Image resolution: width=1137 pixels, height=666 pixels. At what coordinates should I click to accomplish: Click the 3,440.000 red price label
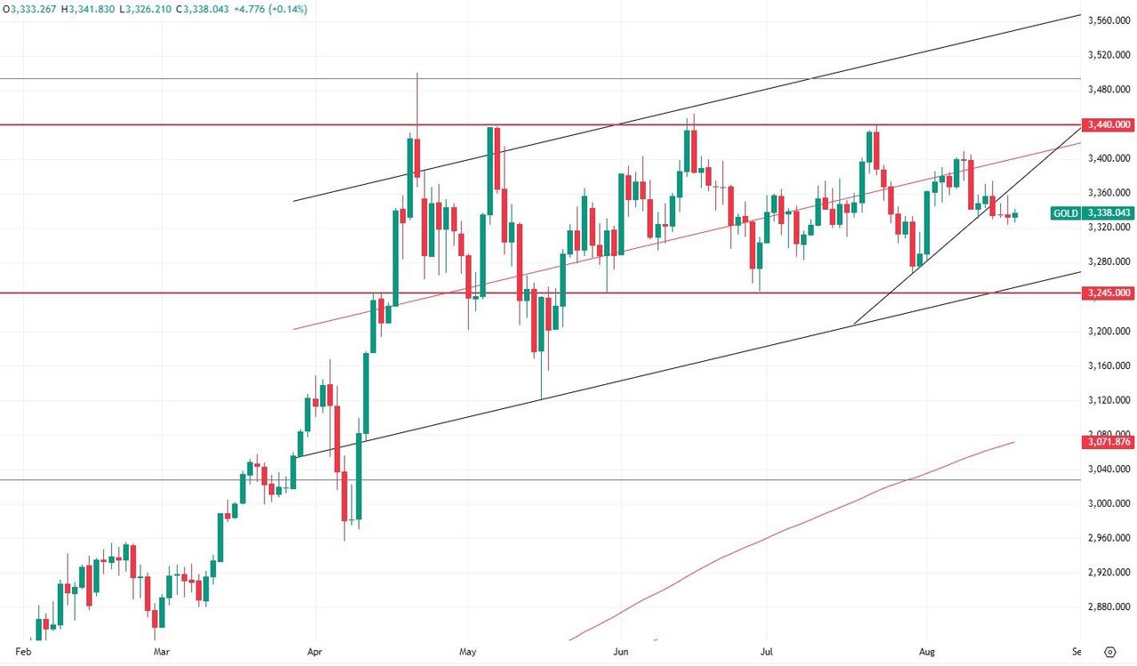pyautogui.click(x=1109, y=125)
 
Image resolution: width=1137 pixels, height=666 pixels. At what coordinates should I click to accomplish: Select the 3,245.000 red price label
pyautogui.click(x=1109, y=293)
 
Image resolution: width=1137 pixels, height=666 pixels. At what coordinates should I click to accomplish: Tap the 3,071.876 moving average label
pyautogui.click(x=1109, y=442)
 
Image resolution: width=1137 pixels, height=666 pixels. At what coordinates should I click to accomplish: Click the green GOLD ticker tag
pyautogui.click(x=1065, y=213)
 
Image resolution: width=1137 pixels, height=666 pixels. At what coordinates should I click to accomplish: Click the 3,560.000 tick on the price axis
pyautogui.click(x=1109, y=20)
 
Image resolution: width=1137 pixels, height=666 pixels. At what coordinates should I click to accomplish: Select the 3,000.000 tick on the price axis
pyautogui.click(x=1109, y=504)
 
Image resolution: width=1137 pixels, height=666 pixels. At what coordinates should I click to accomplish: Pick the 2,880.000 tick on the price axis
pyautogui.click(x=1109, y=607)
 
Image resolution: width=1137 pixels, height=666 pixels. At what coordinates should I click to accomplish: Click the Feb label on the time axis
pyautogui.click(x=24, y=651)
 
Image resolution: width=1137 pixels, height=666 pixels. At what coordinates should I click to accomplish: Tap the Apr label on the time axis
pyautogui.click(x=315, y=651)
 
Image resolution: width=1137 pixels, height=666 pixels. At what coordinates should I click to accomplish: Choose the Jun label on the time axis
pyautogui.click(x=621, y=651)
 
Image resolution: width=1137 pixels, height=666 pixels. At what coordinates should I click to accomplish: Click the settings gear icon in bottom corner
pyautogui.click(x=1109, y=651)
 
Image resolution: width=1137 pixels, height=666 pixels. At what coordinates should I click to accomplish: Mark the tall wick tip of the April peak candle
pyautogui.click(x=417, y=74)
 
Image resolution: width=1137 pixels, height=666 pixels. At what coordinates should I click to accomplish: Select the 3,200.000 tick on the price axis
pyautogui.click(x=1109, y=332)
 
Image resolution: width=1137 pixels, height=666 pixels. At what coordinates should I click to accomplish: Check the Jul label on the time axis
pyautogui.click(x=767, y=651)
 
